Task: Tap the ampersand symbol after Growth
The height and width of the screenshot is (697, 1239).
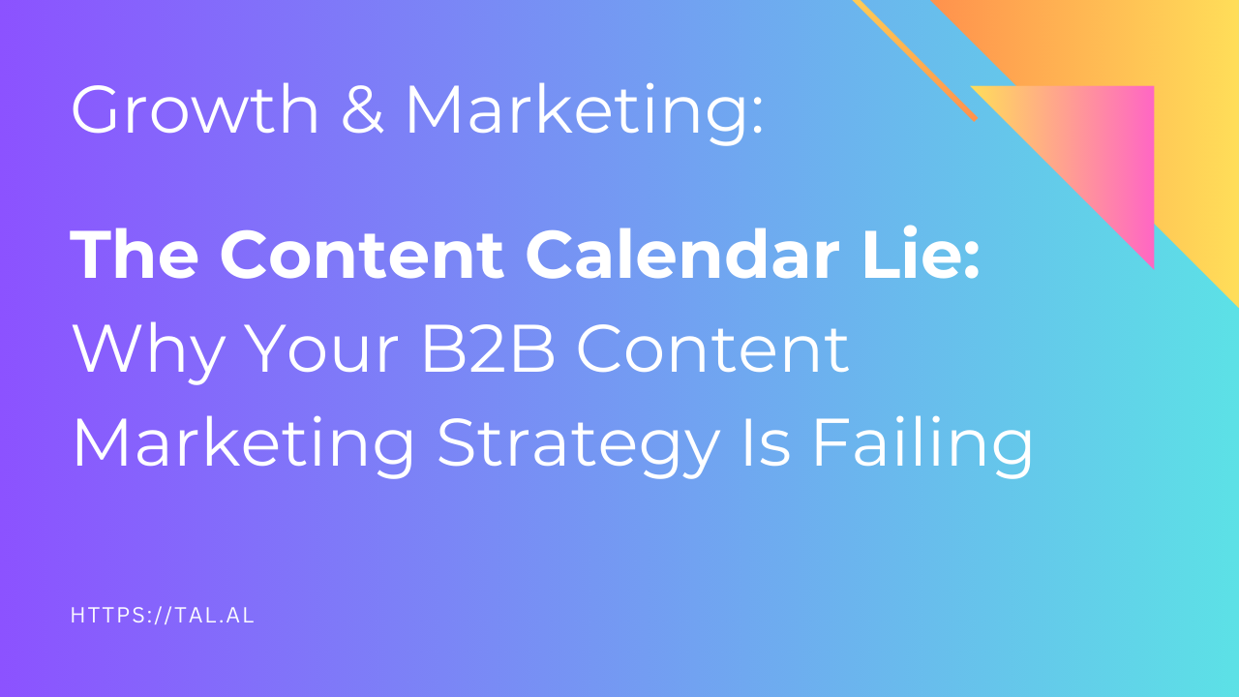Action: coord(360,109)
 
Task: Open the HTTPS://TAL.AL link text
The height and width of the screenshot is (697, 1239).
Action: coord(163,615)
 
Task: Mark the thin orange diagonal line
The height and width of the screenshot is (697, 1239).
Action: coord(914,58)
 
